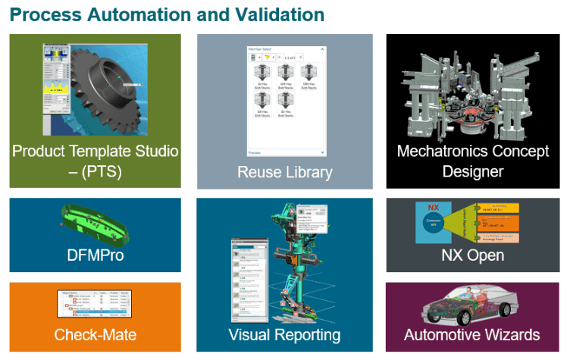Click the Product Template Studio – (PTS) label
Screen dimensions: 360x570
coord(95,161)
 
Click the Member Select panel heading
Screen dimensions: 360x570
coord(261,49)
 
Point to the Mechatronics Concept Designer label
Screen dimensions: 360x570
coord(473,161)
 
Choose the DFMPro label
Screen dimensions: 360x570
coord(95,255)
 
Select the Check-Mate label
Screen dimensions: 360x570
coord(95,334)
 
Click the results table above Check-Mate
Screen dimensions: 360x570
coord(95,303)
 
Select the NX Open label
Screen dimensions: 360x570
coord(472,255)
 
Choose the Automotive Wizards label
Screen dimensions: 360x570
coord(472,334)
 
